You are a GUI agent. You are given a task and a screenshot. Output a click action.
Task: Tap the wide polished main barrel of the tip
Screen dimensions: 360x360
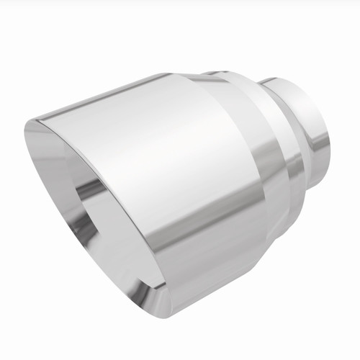click(166, 166)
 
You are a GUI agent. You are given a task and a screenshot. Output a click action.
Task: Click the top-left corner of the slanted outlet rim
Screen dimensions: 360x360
click(29, 126)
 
